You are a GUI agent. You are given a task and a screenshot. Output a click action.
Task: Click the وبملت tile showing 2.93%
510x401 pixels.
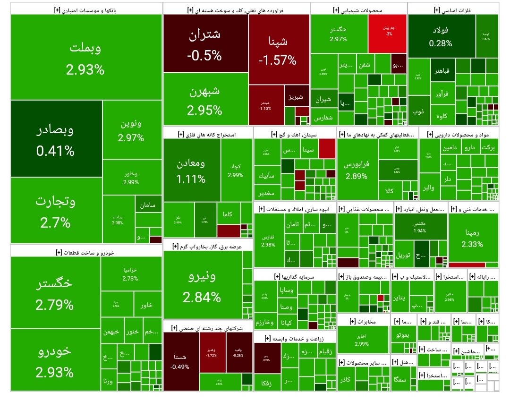point(86,58)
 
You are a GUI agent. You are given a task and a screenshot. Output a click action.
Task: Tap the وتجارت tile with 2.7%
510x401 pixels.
point(56,211)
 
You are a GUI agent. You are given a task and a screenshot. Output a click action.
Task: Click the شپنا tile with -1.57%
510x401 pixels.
point(279,50)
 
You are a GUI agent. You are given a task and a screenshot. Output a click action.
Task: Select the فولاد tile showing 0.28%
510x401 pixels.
point(441,36)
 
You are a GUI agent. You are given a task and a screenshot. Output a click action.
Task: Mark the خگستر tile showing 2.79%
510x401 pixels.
point(55,292)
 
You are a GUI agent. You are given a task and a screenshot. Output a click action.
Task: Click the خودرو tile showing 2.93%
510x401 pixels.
point(55,360)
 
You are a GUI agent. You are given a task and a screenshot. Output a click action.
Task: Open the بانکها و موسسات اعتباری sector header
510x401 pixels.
point(86,9)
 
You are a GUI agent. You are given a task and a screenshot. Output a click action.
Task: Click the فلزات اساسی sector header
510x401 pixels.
point(453,9)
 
